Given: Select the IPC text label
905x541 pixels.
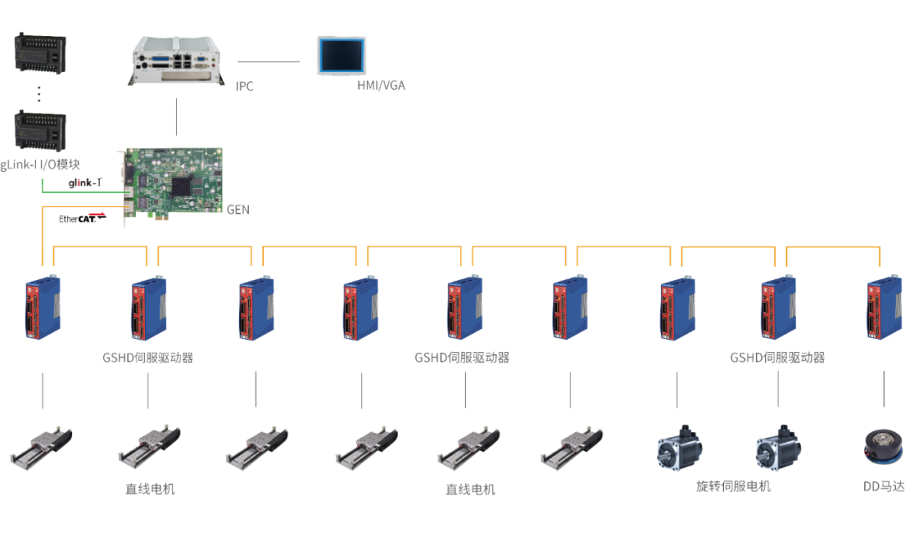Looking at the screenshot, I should (245, 86).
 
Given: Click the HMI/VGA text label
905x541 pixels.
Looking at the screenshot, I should (380, 86).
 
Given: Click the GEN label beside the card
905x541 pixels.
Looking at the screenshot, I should (238, 209).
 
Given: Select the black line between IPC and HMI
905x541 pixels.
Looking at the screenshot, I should (268, 61).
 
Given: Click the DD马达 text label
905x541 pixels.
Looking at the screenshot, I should (883, 486).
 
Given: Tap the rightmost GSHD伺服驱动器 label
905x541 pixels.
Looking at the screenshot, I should (777, 357).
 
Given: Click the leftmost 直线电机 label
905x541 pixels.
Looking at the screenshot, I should (151, 488).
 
